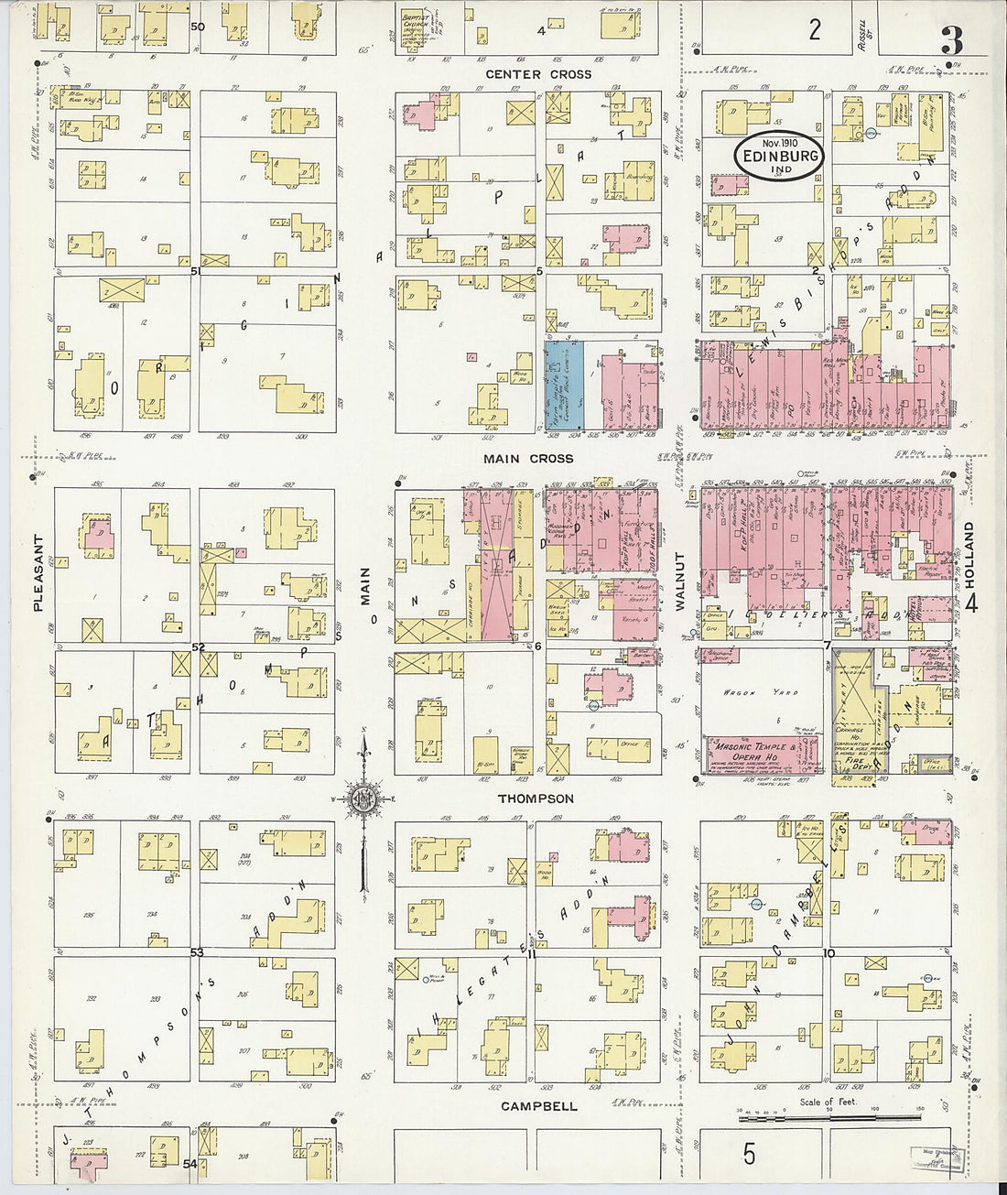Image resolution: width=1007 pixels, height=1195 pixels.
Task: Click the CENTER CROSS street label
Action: [x=538, y=74]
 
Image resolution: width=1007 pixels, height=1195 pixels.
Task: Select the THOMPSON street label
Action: [x=536, y=798]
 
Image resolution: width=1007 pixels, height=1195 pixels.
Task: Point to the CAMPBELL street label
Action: [x=538, y=1106]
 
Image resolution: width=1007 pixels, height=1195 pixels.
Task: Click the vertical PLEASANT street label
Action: [x=38, y=572]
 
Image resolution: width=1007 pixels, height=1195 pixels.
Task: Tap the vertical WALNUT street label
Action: [x=679, y=581]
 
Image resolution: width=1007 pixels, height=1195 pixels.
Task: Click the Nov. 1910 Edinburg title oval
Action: [x=779, y=157]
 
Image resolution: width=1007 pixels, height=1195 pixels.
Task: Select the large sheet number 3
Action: [x=951, y=40]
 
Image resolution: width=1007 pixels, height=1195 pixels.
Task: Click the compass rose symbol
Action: [x=363, y=798]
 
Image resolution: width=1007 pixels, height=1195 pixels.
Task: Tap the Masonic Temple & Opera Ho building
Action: [x=762, y=753]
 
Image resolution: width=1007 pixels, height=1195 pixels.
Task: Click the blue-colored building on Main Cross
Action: [x=563, y=386]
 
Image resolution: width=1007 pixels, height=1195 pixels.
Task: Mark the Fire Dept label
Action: [x=854, y=760]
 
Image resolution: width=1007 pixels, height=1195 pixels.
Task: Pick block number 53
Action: [x=196, y=952]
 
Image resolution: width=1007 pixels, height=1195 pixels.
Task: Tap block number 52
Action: [x=196, y=646]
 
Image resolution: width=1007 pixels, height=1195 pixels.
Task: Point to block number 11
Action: [x=530, y=952]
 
